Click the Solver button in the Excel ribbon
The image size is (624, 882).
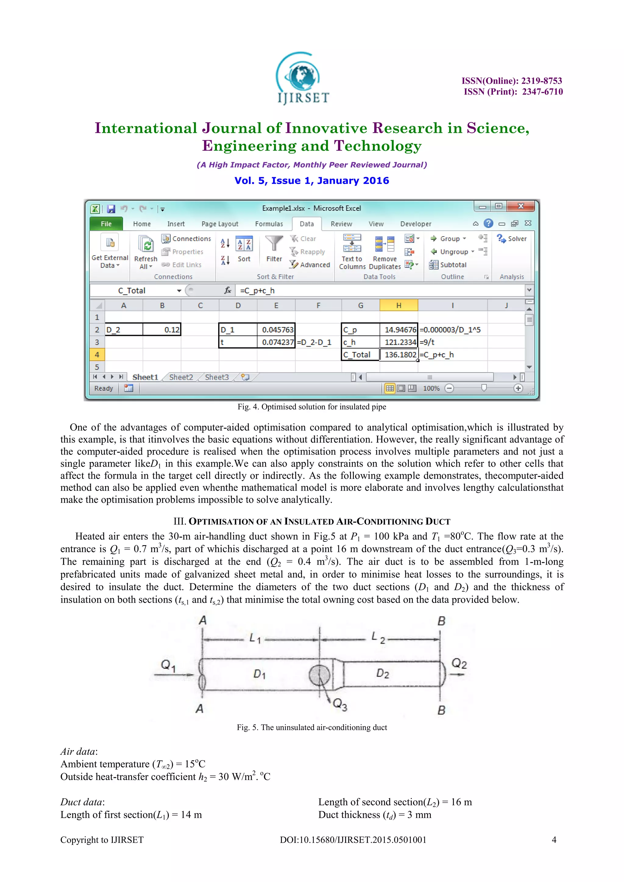tap(512, 238)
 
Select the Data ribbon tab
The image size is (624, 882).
tap(307, 224)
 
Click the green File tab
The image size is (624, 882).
tap(106, 224)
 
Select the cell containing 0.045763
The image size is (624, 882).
tap(276, 330)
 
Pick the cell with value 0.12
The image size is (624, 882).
tap(162, 330)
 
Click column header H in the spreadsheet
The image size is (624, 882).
tap(399, 305)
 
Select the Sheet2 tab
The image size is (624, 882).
tap(181, 377)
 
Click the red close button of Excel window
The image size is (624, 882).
tap(521, 206)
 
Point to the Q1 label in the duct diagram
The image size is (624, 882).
tap(168, 665)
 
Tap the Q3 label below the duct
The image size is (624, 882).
tap(340, 704)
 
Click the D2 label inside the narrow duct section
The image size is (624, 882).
tap(382, 673)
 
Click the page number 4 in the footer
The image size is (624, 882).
tap(554, 840)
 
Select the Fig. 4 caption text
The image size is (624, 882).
tap(312, 407)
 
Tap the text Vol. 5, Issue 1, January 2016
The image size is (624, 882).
tap(312, 181)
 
